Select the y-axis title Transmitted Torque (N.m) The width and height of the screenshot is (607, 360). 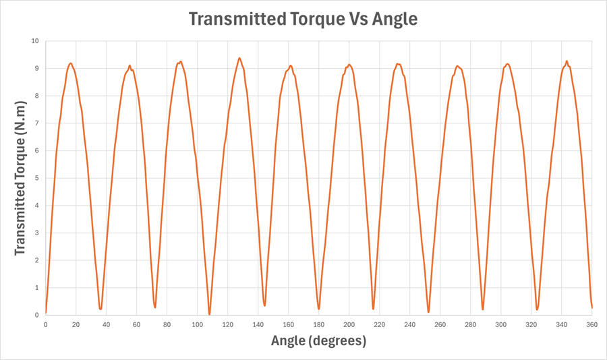point(20,178)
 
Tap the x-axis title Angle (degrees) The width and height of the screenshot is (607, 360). point(318,341)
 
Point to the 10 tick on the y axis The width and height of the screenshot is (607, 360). point(34,40)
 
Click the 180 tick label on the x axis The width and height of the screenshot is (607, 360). point(318,325)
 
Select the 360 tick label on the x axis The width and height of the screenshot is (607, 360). point(591,325)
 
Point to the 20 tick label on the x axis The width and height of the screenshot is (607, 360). point(76,325)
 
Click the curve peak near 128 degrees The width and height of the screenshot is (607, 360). point(239,58)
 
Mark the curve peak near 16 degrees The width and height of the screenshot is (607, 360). point(70,63)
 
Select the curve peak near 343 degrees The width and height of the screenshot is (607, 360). point(567,61)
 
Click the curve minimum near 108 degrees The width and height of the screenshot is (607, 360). point(209,313)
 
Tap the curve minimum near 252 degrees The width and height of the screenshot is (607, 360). point(428,311)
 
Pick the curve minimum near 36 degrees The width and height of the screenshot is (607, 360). point(100,309)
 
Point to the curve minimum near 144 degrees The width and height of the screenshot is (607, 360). point(264,305)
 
